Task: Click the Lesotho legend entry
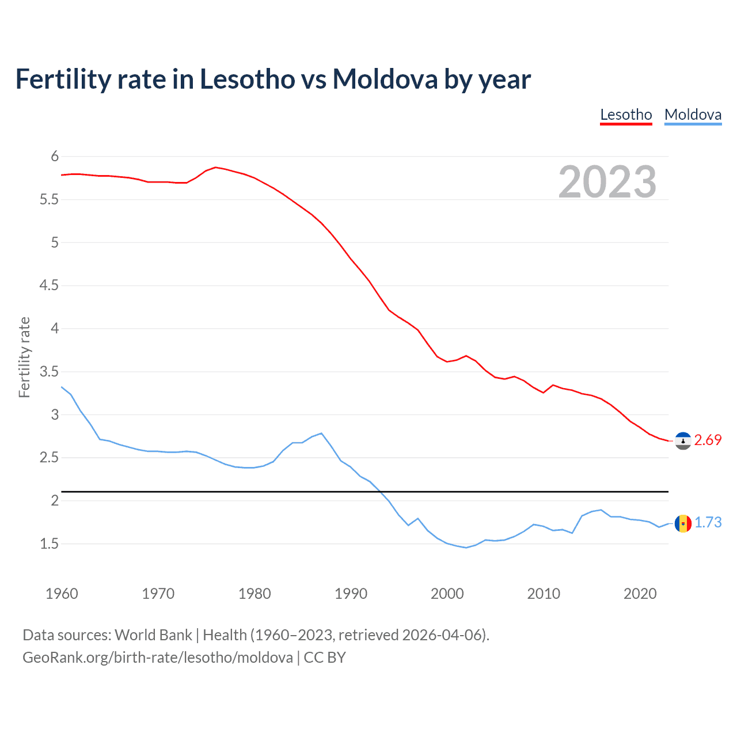click(x=626, y=115)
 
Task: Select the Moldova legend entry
click(x=693, y=115)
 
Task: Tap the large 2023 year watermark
click(x=607, y=182)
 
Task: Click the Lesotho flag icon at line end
click(x=683, y=440)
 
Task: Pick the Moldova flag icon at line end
click(x=683, y=523)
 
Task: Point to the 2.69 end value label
click(x=708, y=440)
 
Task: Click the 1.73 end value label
click(x=708, y=523)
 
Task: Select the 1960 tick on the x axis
click(x=62, y=594)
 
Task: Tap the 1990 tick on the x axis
click(x=351, y=594)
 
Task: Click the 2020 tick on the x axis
click(x=640, y=594)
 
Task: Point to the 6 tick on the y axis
click(x=55, y=157)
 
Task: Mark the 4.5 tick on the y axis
click(x=49, y=286)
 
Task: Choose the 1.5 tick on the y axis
click(x=49, y=544)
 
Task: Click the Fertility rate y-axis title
click(x=24, y=357)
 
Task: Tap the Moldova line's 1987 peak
click(x=321, y=433)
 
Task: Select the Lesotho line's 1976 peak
click(x=215, y=168)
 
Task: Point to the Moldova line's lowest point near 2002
click(x=466, y=548)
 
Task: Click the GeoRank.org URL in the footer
click(x=157, y=658)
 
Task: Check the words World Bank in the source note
click(x=153, y=635)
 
